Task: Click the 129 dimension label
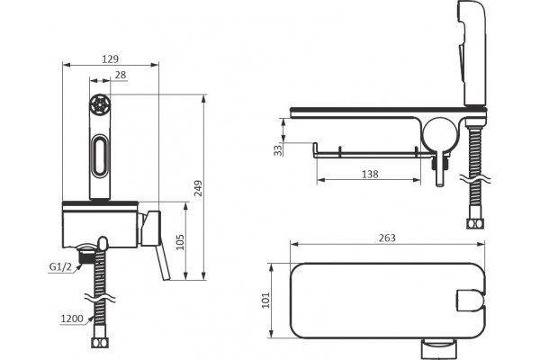coord(110,59)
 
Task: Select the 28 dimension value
coord(121,75)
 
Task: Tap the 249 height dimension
coord(198,188)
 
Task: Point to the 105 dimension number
coord(180,242)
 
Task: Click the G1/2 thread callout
coord(60,266)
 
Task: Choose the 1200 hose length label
coord(72,319)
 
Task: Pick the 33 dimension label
coord(278,150)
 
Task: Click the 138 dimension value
coord(370,174)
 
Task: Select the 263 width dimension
coord(387,238)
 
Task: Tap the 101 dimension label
coord(265,300)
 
